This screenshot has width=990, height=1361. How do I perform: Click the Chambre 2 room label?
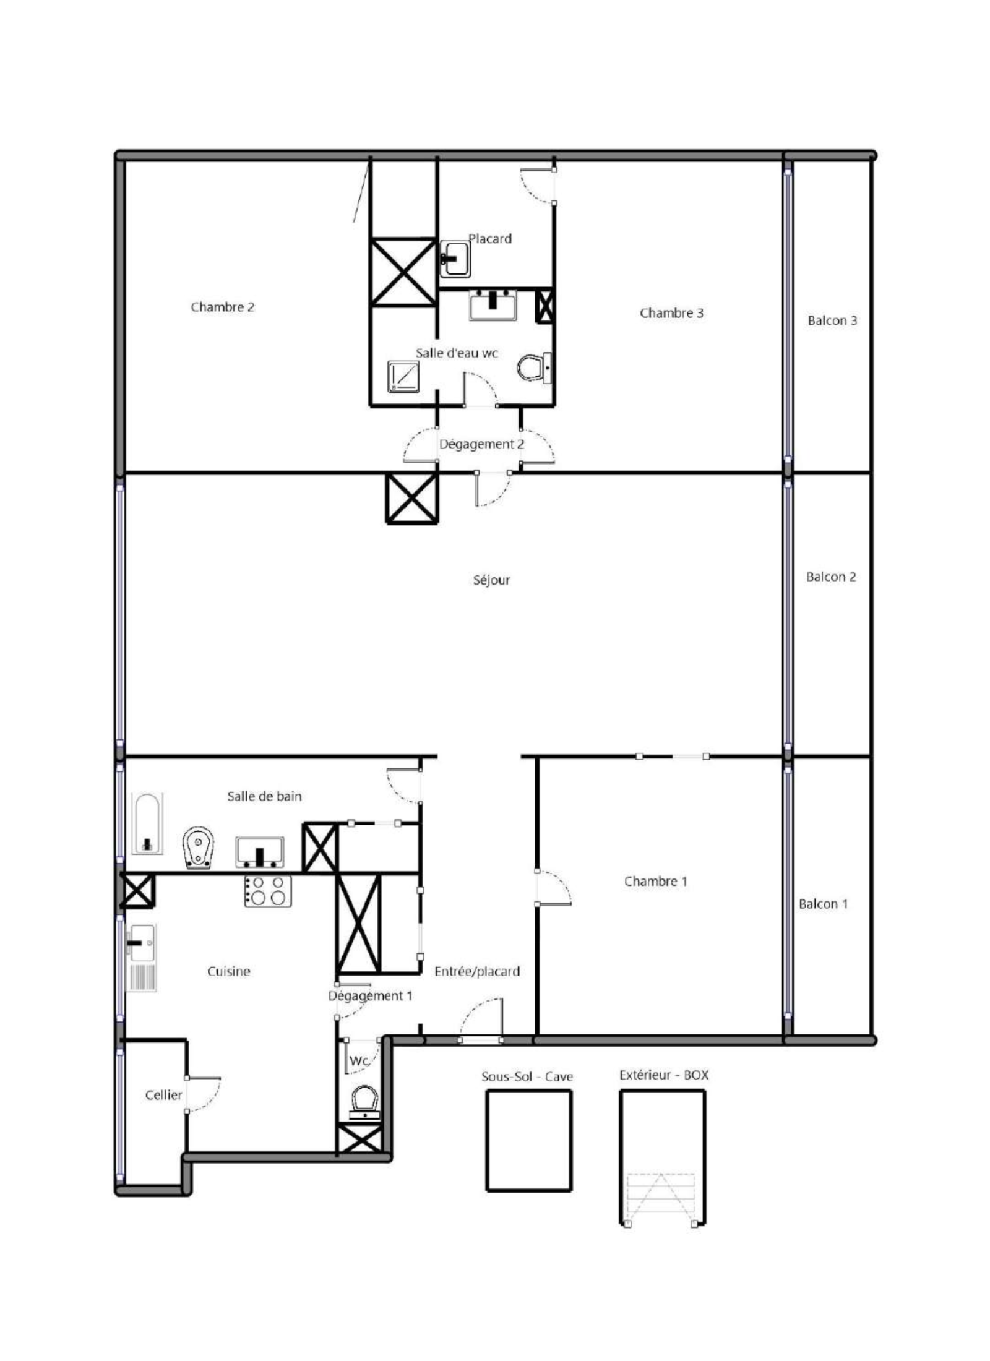pos(222,307)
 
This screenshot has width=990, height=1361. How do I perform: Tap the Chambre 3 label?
pos(671,313)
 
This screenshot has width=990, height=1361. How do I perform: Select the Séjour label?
pos(491,580)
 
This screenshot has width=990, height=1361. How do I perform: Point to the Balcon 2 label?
pos(830,577)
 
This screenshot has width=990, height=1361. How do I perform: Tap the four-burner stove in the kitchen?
pos(268,891)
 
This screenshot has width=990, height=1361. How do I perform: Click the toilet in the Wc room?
pos(364,1103)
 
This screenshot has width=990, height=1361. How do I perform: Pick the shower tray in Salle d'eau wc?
pos(403,377)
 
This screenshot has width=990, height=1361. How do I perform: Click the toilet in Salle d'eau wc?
pos(534,367)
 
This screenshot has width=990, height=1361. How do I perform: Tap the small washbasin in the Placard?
pos(455,258)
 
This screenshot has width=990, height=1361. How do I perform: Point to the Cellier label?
pos(163,1095)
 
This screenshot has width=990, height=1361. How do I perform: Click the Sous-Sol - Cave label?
pos(527,1076)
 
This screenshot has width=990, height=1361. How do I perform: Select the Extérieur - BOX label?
pos(664,1075)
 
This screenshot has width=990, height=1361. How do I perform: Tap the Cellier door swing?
pos(203,1094)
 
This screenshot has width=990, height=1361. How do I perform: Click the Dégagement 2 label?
pos(481,444)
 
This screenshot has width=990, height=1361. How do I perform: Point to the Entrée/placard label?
pos(477,971)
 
